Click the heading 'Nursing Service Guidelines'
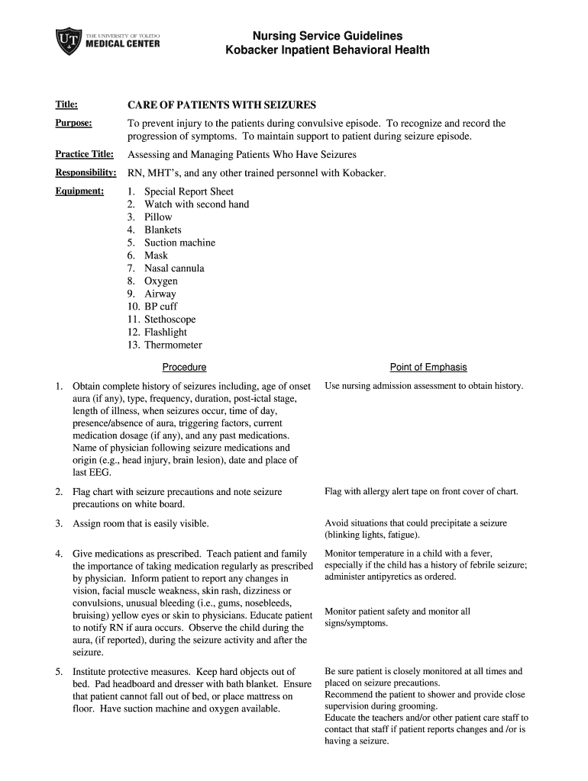tap(328, 36)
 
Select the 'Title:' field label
tap(66, 104)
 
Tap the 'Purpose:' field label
tap(73, 123)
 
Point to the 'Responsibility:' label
tap(86, 173)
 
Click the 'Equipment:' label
tap(79, 191)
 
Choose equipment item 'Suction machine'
tap(179, 243)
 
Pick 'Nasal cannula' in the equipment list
tap(174, 268)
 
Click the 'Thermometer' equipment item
tap(173, 345)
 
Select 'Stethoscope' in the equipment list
tap(170, 320)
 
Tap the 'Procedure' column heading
tap(184, 367)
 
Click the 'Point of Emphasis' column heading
tap(428, 367)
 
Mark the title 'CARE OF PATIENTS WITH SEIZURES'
tap(221, 104)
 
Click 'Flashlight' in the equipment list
tap(166, 332)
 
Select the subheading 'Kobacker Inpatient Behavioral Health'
tap(328, 50)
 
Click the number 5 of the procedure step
tap(58, 672)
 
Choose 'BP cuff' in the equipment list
tap(160, 307)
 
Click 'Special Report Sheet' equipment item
tap(189, 191)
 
